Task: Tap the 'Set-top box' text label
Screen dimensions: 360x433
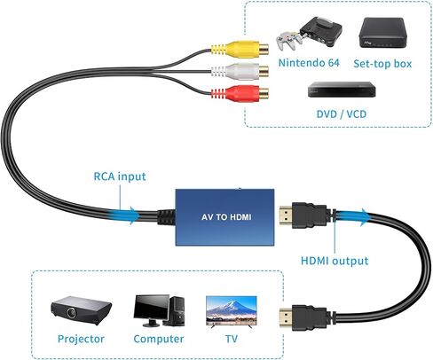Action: (x=383, y=63)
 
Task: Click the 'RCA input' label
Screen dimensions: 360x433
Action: (x=121, y=176)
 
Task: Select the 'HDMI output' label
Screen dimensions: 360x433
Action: (x=334, y=261)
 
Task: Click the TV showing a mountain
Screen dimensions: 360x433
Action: (x=232, y=310)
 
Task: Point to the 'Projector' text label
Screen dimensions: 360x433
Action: (x=80, y=339)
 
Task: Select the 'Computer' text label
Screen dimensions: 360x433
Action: (x=159, y=339)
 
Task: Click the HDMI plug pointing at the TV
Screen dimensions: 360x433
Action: (x=296, y=314)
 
